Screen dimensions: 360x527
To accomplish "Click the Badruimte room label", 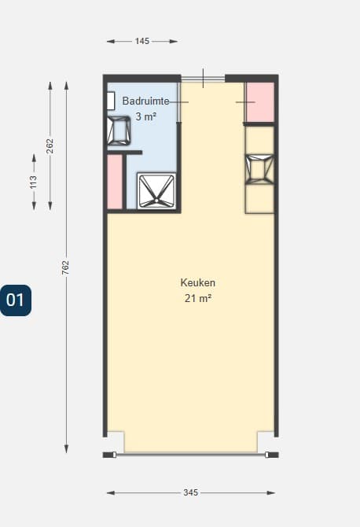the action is (145, 101).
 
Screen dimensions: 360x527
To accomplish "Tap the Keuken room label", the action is (198, 282).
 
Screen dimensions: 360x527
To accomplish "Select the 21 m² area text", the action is (198, 298).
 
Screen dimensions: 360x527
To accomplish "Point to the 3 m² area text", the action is (145, 116).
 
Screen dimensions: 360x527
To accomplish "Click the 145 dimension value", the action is (142, 41).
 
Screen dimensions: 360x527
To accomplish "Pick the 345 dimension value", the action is (191, 492).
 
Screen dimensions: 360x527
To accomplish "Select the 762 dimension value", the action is (66, 267).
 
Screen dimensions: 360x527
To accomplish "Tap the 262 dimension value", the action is (50, 146).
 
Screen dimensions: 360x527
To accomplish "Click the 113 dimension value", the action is (34, 182).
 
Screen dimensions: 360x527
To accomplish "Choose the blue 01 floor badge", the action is (16, 300).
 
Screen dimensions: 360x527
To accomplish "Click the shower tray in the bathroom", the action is (156, 191).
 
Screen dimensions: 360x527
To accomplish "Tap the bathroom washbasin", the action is (119, 131).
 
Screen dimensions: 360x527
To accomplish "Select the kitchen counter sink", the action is (259, 169).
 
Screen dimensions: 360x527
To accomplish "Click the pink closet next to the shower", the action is (115, 182).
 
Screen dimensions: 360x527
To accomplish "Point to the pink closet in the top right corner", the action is (260, 101).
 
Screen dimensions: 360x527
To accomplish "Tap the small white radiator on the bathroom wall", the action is (111, 101).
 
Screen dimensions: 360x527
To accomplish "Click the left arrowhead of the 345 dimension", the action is (111, 493).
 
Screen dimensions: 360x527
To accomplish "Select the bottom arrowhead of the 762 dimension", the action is (66, 449).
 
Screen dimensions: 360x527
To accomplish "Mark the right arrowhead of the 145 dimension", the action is (174, 42).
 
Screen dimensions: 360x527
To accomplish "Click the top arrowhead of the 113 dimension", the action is (34, 158).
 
